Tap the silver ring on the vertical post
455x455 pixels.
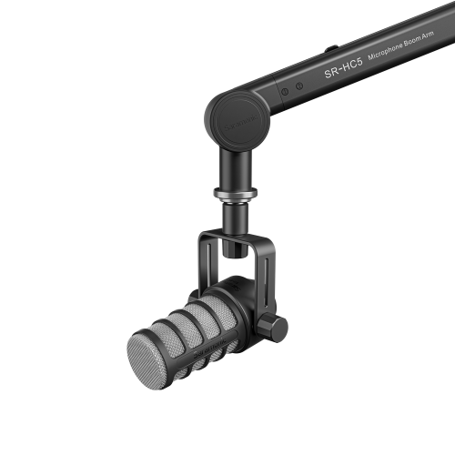[x=235, y=193]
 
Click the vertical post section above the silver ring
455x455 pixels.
[x=235, y=167]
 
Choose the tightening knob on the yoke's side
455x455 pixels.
[x=272, y=328]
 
